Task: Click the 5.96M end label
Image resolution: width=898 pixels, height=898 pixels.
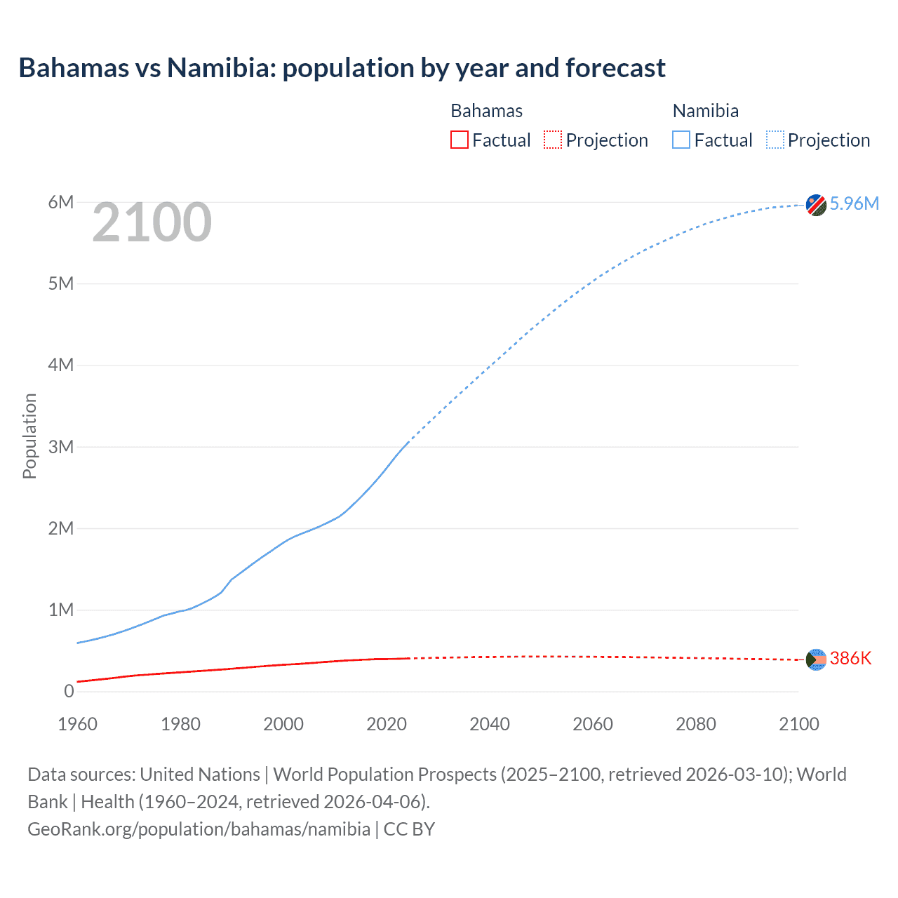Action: [x=854, y=203]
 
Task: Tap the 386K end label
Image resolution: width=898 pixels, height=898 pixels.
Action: [x=850, y=658]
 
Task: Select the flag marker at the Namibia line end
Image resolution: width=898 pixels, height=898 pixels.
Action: [x=816, y=205]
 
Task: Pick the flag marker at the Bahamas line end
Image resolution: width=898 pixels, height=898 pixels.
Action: [x=816, y=659]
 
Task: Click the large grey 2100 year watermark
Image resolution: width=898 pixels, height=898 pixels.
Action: [x=152, y=222]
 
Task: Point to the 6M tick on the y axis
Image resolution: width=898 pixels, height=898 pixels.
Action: [x=61, y=203]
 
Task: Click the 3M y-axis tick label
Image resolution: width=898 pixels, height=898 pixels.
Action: [x=61, y=447]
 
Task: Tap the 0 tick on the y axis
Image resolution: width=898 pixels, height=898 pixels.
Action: [x=69, y=691]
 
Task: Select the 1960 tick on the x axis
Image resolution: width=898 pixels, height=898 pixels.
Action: [x=77, y=724]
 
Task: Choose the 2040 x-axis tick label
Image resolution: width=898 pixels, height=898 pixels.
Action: [x=490, y=724]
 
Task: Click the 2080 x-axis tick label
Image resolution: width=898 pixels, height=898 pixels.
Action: [x=696, y=724]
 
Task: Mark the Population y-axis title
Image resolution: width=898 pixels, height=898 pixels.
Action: [x=29, y=436]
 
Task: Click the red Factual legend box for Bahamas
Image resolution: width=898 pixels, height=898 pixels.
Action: [x=460, y=140]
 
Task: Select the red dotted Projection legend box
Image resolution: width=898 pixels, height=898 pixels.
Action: [x=553, y=140]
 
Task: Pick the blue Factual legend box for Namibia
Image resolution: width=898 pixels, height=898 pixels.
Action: [x=681, y=140]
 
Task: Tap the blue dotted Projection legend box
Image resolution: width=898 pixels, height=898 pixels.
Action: [x=775, y=140]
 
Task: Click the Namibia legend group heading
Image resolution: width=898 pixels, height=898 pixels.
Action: [x=705, y=111]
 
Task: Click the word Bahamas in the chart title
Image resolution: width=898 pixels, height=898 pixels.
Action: [x=74, y=68]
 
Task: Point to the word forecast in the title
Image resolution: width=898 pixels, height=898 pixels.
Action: [x=615, y=68]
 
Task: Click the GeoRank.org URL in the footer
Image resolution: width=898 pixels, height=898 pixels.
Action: [x=199, y=829]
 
